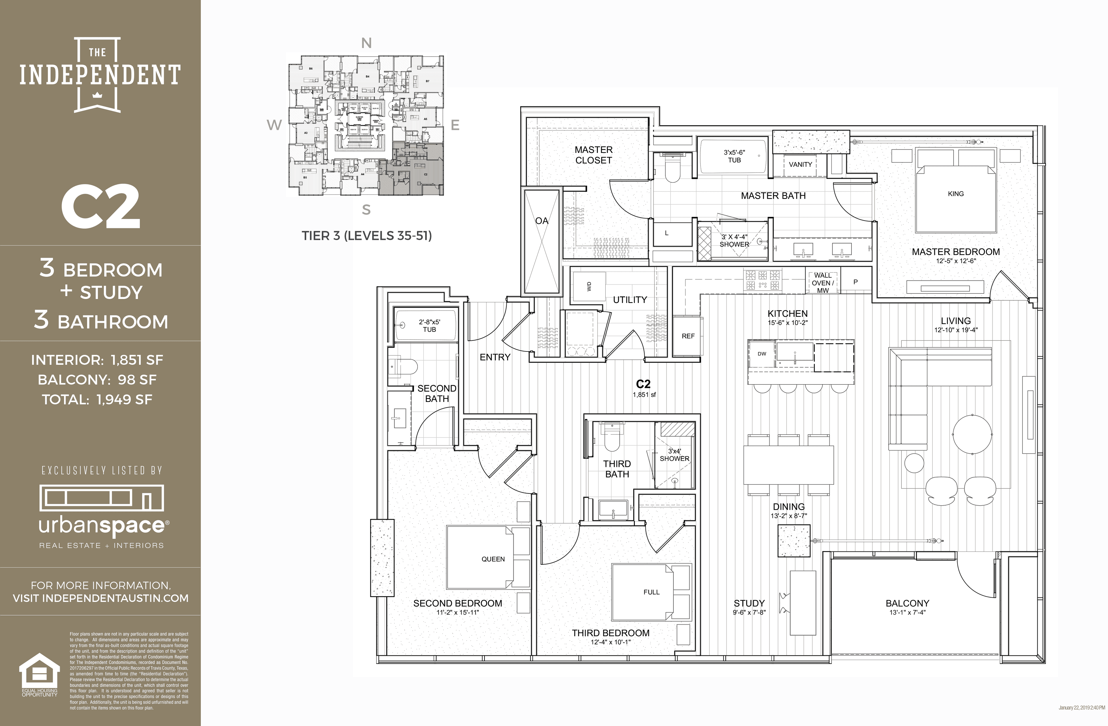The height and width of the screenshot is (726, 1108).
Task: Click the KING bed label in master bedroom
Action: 955,194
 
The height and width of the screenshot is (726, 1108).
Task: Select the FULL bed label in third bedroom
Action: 651,592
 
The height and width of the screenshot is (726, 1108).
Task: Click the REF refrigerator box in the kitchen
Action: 688,336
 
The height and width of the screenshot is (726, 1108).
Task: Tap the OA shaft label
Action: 541,221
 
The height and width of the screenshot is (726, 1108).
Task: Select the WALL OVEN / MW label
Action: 823,283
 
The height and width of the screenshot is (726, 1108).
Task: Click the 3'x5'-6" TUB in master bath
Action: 734,156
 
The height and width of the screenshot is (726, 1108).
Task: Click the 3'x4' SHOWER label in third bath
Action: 674,454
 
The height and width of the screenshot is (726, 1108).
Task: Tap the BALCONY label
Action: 907,603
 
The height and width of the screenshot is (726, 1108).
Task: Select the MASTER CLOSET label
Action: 593,155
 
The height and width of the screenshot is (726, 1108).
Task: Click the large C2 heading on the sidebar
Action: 101,206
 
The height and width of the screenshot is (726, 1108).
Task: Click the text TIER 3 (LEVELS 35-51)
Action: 366,236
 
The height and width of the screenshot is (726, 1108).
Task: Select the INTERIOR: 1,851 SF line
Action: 97,360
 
